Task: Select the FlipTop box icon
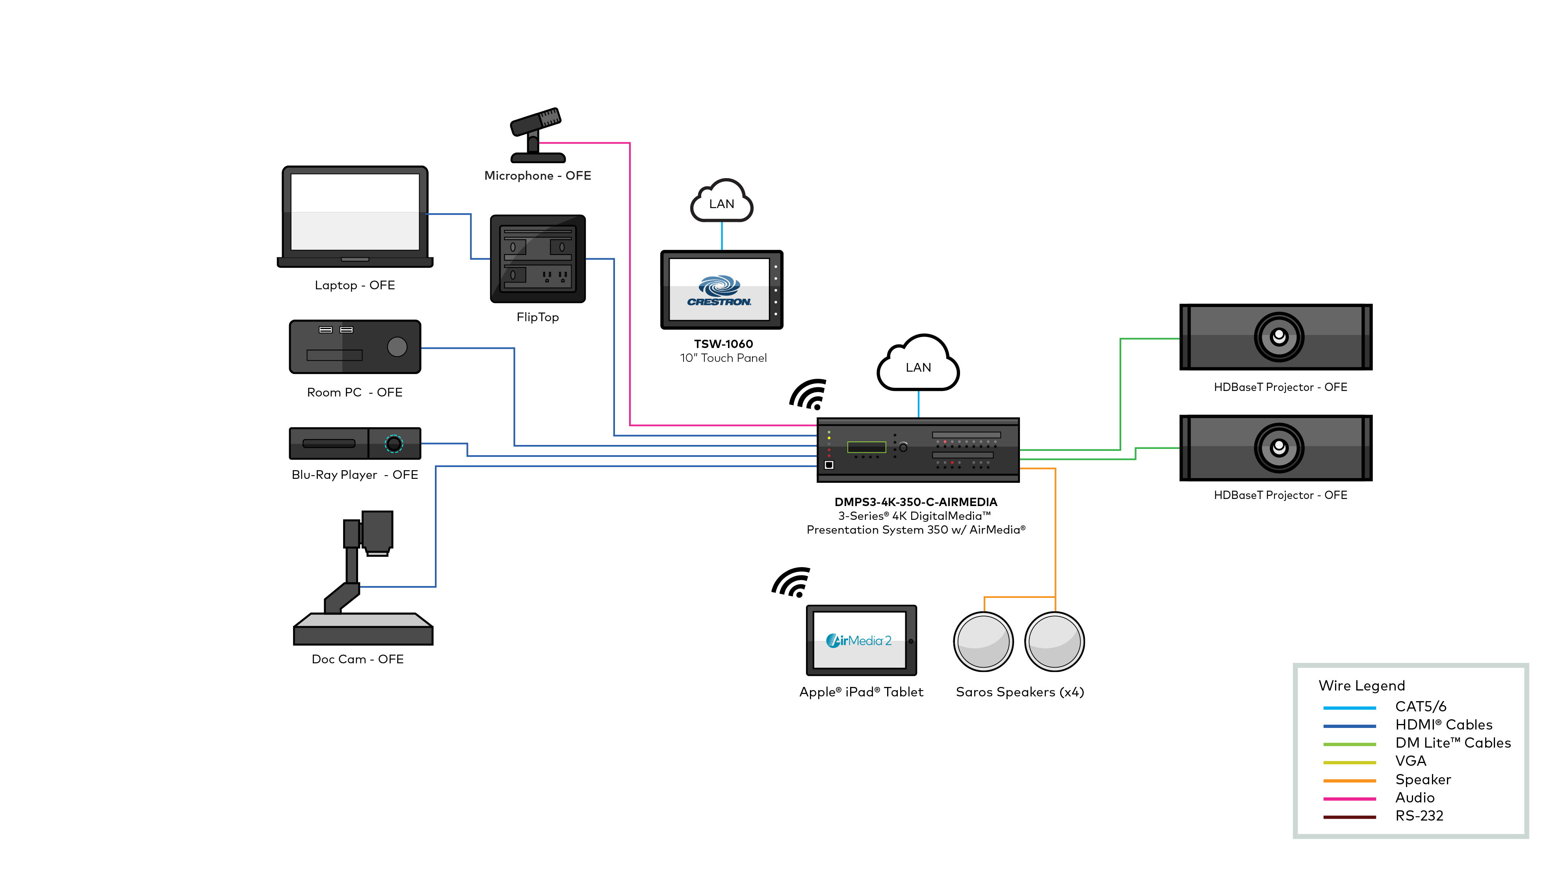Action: [x=537, y=259]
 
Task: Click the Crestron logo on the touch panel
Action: [x=719, y=291]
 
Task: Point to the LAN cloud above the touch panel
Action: [x=721, y=202]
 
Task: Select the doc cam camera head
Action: [x=377, y=531]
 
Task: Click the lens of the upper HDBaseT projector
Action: [x=1278, y=336]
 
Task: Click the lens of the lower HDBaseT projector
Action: [x=1278, y=448]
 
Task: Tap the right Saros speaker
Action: [x=1054, y=642]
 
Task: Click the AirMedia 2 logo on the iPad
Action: [x=859, y=640]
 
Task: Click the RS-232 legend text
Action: [x=1419, y=816]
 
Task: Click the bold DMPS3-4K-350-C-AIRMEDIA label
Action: [x=915, y=502]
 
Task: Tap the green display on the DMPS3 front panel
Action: [x=866, y=447]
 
